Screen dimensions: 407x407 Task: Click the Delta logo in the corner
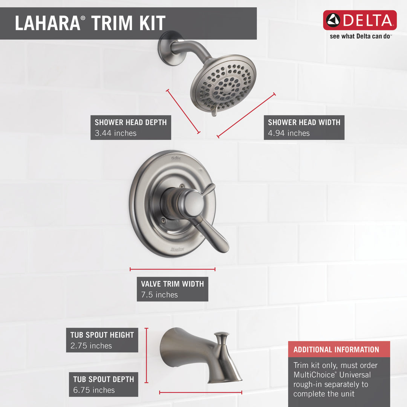pos(360,20)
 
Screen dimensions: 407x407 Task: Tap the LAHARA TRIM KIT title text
pos(90,23)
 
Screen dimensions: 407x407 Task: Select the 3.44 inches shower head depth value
pos(116,133)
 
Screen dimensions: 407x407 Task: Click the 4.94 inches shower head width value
pos(289,133)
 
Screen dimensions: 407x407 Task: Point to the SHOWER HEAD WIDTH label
pos(304,122)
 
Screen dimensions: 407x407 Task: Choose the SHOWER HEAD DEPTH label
pos(130,122)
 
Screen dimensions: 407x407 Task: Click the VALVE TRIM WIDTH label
pos(172,284)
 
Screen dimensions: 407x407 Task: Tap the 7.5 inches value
pos(159,295)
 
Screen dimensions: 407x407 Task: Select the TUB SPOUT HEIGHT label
pos(102,335)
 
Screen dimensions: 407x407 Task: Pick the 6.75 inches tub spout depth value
pos(94,390)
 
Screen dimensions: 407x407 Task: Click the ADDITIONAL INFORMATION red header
pos(336,349)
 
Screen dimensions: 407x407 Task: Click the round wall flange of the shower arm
pos(167,48)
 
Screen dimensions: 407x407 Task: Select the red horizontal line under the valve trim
pos(172,269)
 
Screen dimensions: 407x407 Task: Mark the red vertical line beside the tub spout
pos(147,355)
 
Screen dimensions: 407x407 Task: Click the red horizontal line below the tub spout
pos(200,392)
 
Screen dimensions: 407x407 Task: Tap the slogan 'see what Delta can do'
pos(361,37)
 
